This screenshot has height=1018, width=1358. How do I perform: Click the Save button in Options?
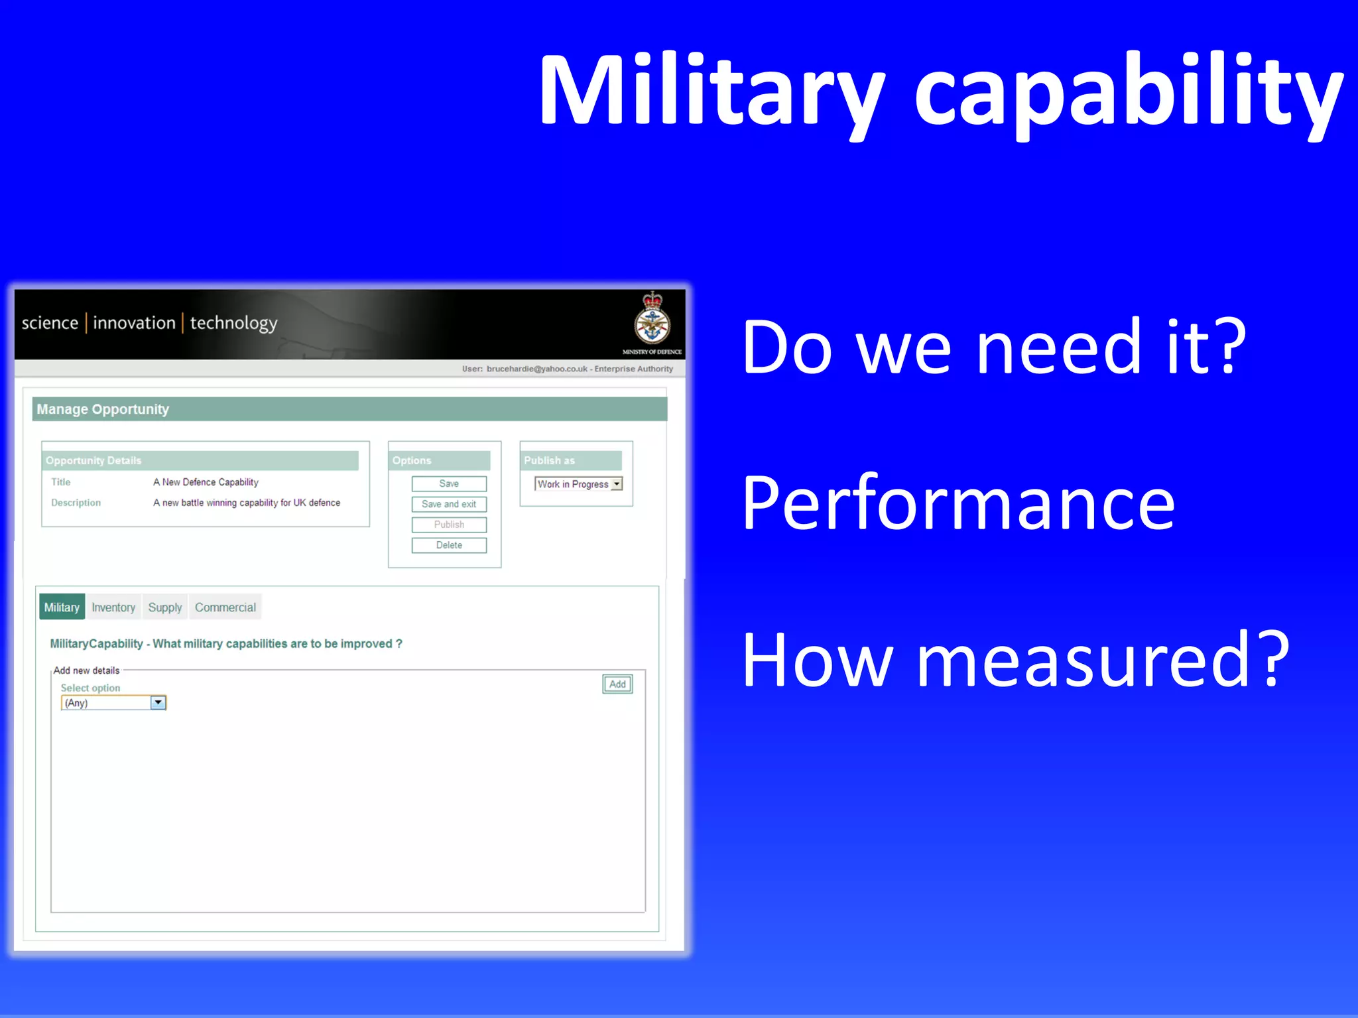(449, 483)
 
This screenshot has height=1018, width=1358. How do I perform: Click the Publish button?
(449, 525)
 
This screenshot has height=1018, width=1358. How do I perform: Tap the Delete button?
(449, 545)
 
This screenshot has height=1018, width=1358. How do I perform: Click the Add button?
(617, 684)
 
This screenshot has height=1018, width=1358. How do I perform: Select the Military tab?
(62, 607)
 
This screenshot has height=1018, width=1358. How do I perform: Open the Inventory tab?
(113, 607)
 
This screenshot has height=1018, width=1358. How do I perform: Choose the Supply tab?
(164, 607)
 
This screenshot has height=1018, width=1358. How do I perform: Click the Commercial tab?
(225, 607)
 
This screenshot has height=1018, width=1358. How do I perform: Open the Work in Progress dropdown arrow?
(617, 484)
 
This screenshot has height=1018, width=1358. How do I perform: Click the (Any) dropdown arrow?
(158, 702)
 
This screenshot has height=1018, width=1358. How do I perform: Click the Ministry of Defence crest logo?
(652, 320)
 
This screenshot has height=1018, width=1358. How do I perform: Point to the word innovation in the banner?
(134, 323)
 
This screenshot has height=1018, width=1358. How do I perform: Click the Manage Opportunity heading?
(103, 409)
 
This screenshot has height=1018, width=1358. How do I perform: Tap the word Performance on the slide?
(958, 503)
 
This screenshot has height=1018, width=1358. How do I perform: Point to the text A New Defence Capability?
(206, 482)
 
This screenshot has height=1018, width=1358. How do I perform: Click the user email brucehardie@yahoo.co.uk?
(536, 369)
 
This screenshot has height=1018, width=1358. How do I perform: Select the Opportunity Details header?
(93, 460)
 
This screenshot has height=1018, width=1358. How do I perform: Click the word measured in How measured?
(1088, 660)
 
